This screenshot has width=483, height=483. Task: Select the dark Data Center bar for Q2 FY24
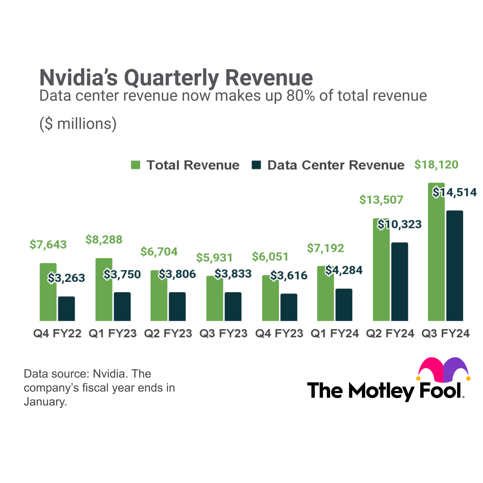pos(399,282)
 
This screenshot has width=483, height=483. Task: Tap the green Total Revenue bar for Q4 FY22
pos(48,292)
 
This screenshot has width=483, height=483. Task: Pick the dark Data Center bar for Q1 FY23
pos(122,307)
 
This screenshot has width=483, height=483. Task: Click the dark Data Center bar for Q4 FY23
pos(289,307)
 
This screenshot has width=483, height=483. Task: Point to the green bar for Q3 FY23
pos(215,299)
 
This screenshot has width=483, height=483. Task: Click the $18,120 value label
pos(436,165)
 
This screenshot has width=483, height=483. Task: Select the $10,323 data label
pos(399,224)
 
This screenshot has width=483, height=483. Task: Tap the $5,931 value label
pos(214,258)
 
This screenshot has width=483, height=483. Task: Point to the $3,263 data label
pos(66,278)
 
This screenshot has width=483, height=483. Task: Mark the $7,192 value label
pos(325,248)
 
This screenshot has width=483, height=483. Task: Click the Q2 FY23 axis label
pos(168,333)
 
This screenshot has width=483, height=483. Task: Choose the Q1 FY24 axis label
pos(335,333)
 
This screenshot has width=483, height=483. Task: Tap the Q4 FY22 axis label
pos(57,333)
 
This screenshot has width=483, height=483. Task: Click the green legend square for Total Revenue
pos(136,165)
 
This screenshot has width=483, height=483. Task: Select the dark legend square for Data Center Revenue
pos(256,165)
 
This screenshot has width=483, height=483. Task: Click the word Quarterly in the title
pos(171,77)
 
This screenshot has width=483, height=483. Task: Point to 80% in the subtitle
pos(300,96)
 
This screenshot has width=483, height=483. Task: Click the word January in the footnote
pos(45,401)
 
